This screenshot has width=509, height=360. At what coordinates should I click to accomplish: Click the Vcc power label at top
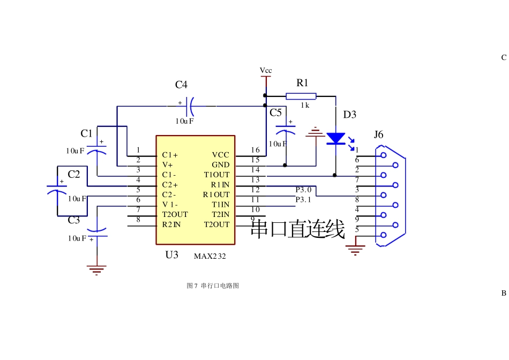tap(265, 71)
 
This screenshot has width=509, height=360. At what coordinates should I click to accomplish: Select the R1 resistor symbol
tap(301, 96)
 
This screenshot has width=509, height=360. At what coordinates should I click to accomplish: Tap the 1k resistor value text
tap(304, 106)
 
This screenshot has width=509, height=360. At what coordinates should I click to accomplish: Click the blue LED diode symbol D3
tap(336, 139)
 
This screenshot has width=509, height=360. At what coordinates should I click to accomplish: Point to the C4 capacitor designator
tap(181, 85)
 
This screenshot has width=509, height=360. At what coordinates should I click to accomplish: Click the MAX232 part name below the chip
tap(210, 256)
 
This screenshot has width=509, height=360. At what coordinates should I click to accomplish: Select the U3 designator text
tap(171, 255)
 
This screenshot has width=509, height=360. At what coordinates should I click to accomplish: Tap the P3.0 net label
tap(303, 190)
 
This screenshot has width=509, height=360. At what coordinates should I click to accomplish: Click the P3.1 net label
tap(303, 200)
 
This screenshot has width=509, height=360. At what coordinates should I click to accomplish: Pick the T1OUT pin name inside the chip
tap(216, 175)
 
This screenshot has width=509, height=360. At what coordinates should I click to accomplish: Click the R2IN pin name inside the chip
tap(171, 224)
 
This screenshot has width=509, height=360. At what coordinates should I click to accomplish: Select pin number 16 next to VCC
tap(255, 150)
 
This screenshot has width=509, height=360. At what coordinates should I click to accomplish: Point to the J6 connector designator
tap(378, 134)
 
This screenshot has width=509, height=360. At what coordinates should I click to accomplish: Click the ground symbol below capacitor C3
tap(97, 269)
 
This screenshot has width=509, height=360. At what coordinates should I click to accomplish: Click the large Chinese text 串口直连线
tap(298, 229)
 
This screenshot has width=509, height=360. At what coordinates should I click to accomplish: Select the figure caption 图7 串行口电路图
tap(213, 286)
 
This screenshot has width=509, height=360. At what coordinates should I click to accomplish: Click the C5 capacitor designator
tap(275, 112)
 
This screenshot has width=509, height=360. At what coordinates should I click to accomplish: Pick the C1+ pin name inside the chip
tap(170, 155)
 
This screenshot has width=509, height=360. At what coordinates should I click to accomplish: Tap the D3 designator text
tap(349, 115)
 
